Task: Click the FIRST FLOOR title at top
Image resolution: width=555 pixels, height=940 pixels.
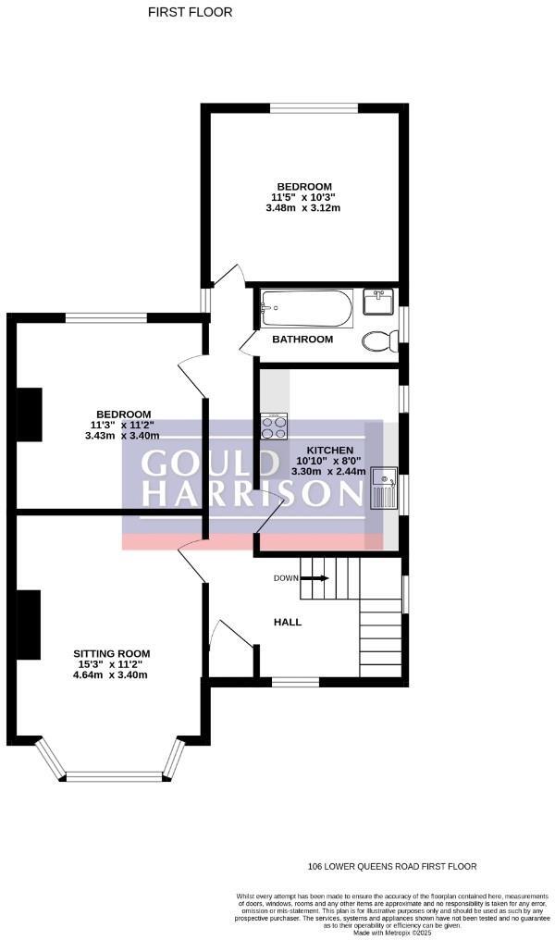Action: (x=191, y=12)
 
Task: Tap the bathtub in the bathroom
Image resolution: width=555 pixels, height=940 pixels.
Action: (x=306, y=307)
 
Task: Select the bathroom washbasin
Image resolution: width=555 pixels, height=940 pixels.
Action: (x=378, y=302)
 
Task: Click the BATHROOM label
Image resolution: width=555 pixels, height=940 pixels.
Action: (x=302, y=340)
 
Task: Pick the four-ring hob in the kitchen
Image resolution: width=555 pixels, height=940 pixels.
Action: (x=274, y=426)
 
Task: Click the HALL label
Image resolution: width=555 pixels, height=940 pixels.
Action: (x=287, y=622)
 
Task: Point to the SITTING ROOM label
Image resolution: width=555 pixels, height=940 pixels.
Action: (x=112, y=653)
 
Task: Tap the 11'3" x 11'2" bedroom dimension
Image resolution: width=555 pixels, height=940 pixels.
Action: (x=117, y=425)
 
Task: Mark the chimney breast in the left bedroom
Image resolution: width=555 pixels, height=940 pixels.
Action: (x=31, y=414)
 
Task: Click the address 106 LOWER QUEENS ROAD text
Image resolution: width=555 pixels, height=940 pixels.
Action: (x=392, y=867)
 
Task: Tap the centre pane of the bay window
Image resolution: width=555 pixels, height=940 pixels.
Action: (x=112, y=774)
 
